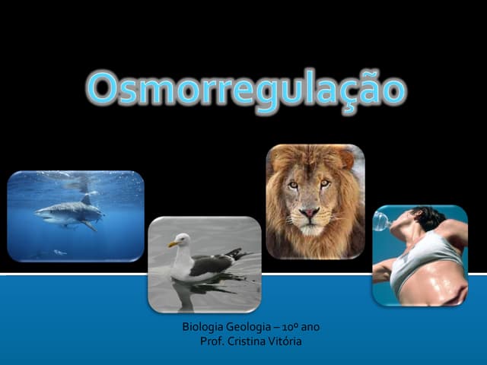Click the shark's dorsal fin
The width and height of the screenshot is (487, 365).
point(85,199)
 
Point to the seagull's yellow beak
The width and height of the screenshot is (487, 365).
point(173,243)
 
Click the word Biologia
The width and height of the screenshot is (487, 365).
point(203,328)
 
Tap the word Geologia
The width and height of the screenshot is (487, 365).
point(251,328)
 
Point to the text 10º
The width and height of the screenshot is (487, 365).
point(293,328)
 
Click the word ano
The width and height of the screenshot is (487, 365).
point(311,328)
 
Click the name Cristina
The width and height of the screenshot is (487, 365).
point(247,341)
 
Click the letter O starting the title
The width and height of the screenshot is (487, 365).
point(102,90)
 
